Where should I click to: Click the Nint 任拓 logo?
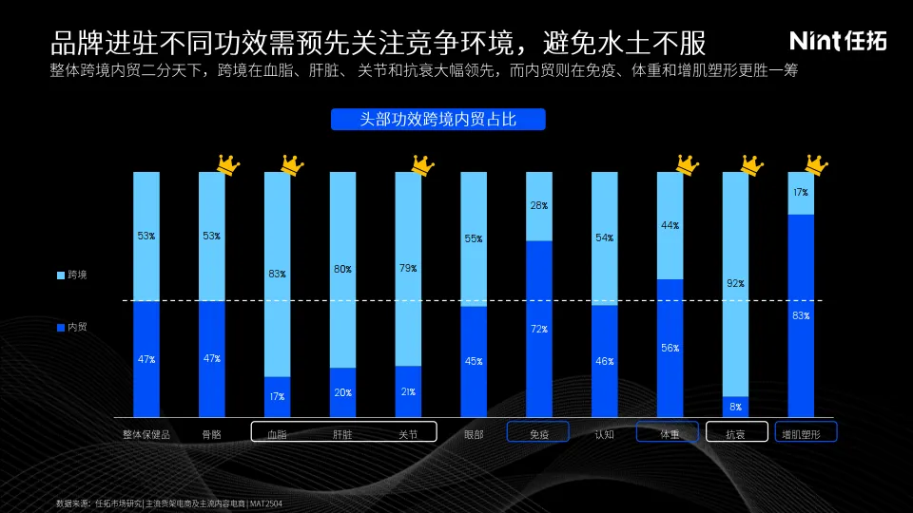pyautogui.click(x=838, y=41)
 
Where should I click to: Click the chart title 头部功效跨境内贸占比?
pyautogui.click(x=437, y=120)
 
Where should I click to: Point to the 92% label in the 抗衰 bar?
pyautogui.click(x=735, y=283)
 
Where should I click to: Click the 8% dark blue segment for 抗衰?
pyautogui.click(x=735, y=407)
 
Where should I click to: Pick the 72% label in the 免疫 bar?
pyautogui.click(x=539, y=329)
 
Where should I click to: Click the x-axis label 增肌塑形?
pyautogui.click(x=802, y=434)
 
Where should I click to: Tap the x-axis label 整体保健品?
pyautogui.click(x=146, y=434)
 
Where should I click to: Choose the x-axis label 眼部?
pyautogui.click(x=474, y=434)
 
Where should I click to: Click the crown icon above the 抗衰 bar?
pyautogui.click(x=752, y=165)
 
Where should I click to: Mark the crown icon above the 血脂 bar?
pyautogui.click(x=292, y=165)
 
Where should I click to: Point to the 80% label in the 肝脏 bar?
pyautogui.click(x=342, y=269)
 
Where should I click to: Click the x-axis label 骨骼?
pyautogui.click(x=212, y=434)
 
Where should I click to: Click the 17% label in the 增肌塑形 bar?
pyautogui.click(x=801, y=193)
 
